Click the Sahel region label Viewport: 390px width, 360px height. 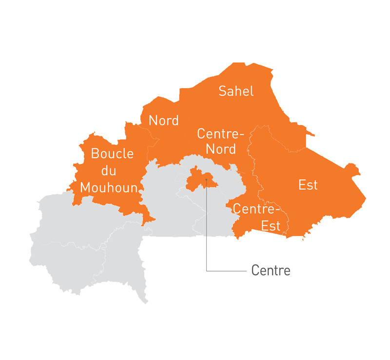(236, 91)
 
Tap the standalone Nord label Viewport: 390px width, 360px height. (164, 120)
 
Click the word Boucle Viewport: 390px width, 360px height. (112, 154)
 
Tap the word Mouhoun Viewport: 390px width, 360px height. (109, 187)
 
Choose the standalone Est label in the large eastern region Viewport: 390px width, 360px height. (308, 185)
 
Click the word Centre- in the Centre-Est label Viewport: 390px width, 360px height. (257, 209)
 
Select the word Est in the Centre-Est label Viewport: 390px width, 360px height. (271, 226)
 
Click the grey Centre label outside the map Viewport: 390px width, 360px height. (271, 270)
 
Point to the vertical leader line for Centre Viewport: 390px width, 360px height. (207, 229)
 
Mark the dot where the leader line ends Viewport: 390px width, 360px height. (207, 180)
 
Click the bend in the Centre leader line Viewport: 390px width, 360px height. (207, 270)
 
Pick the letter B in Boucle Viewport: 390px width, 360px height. (96, 154)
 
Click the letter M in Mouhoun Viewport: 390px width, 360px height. (86, 187)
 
